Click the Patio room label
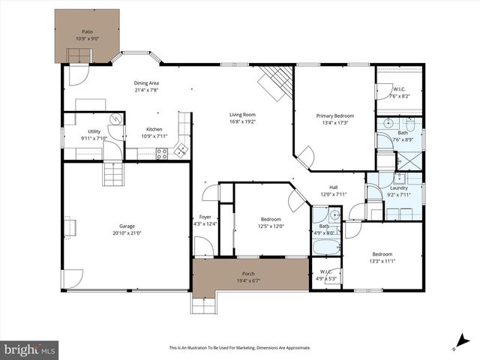[x=87, y=32]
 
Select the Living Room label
[x=242, y=115]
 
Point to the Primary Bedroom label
[x=334, y=115]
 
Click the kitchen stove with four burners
[x=162, y=153]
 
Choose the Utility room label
[x=94, y=131]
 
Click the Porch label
[x=248, y=274]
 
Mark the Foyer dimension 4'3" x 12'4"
[x=205, y=223]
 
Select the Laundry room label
[x=398, y=188]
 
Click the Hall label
[x=336, y=188]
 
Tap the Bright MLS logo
[x=29, y=349]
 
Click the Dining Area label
[x=146, y=83]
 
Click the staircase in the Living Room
[x=276, y=80]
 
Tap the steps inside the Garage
[x=112, y=175]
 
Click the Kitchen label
[x=154, y=129]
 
